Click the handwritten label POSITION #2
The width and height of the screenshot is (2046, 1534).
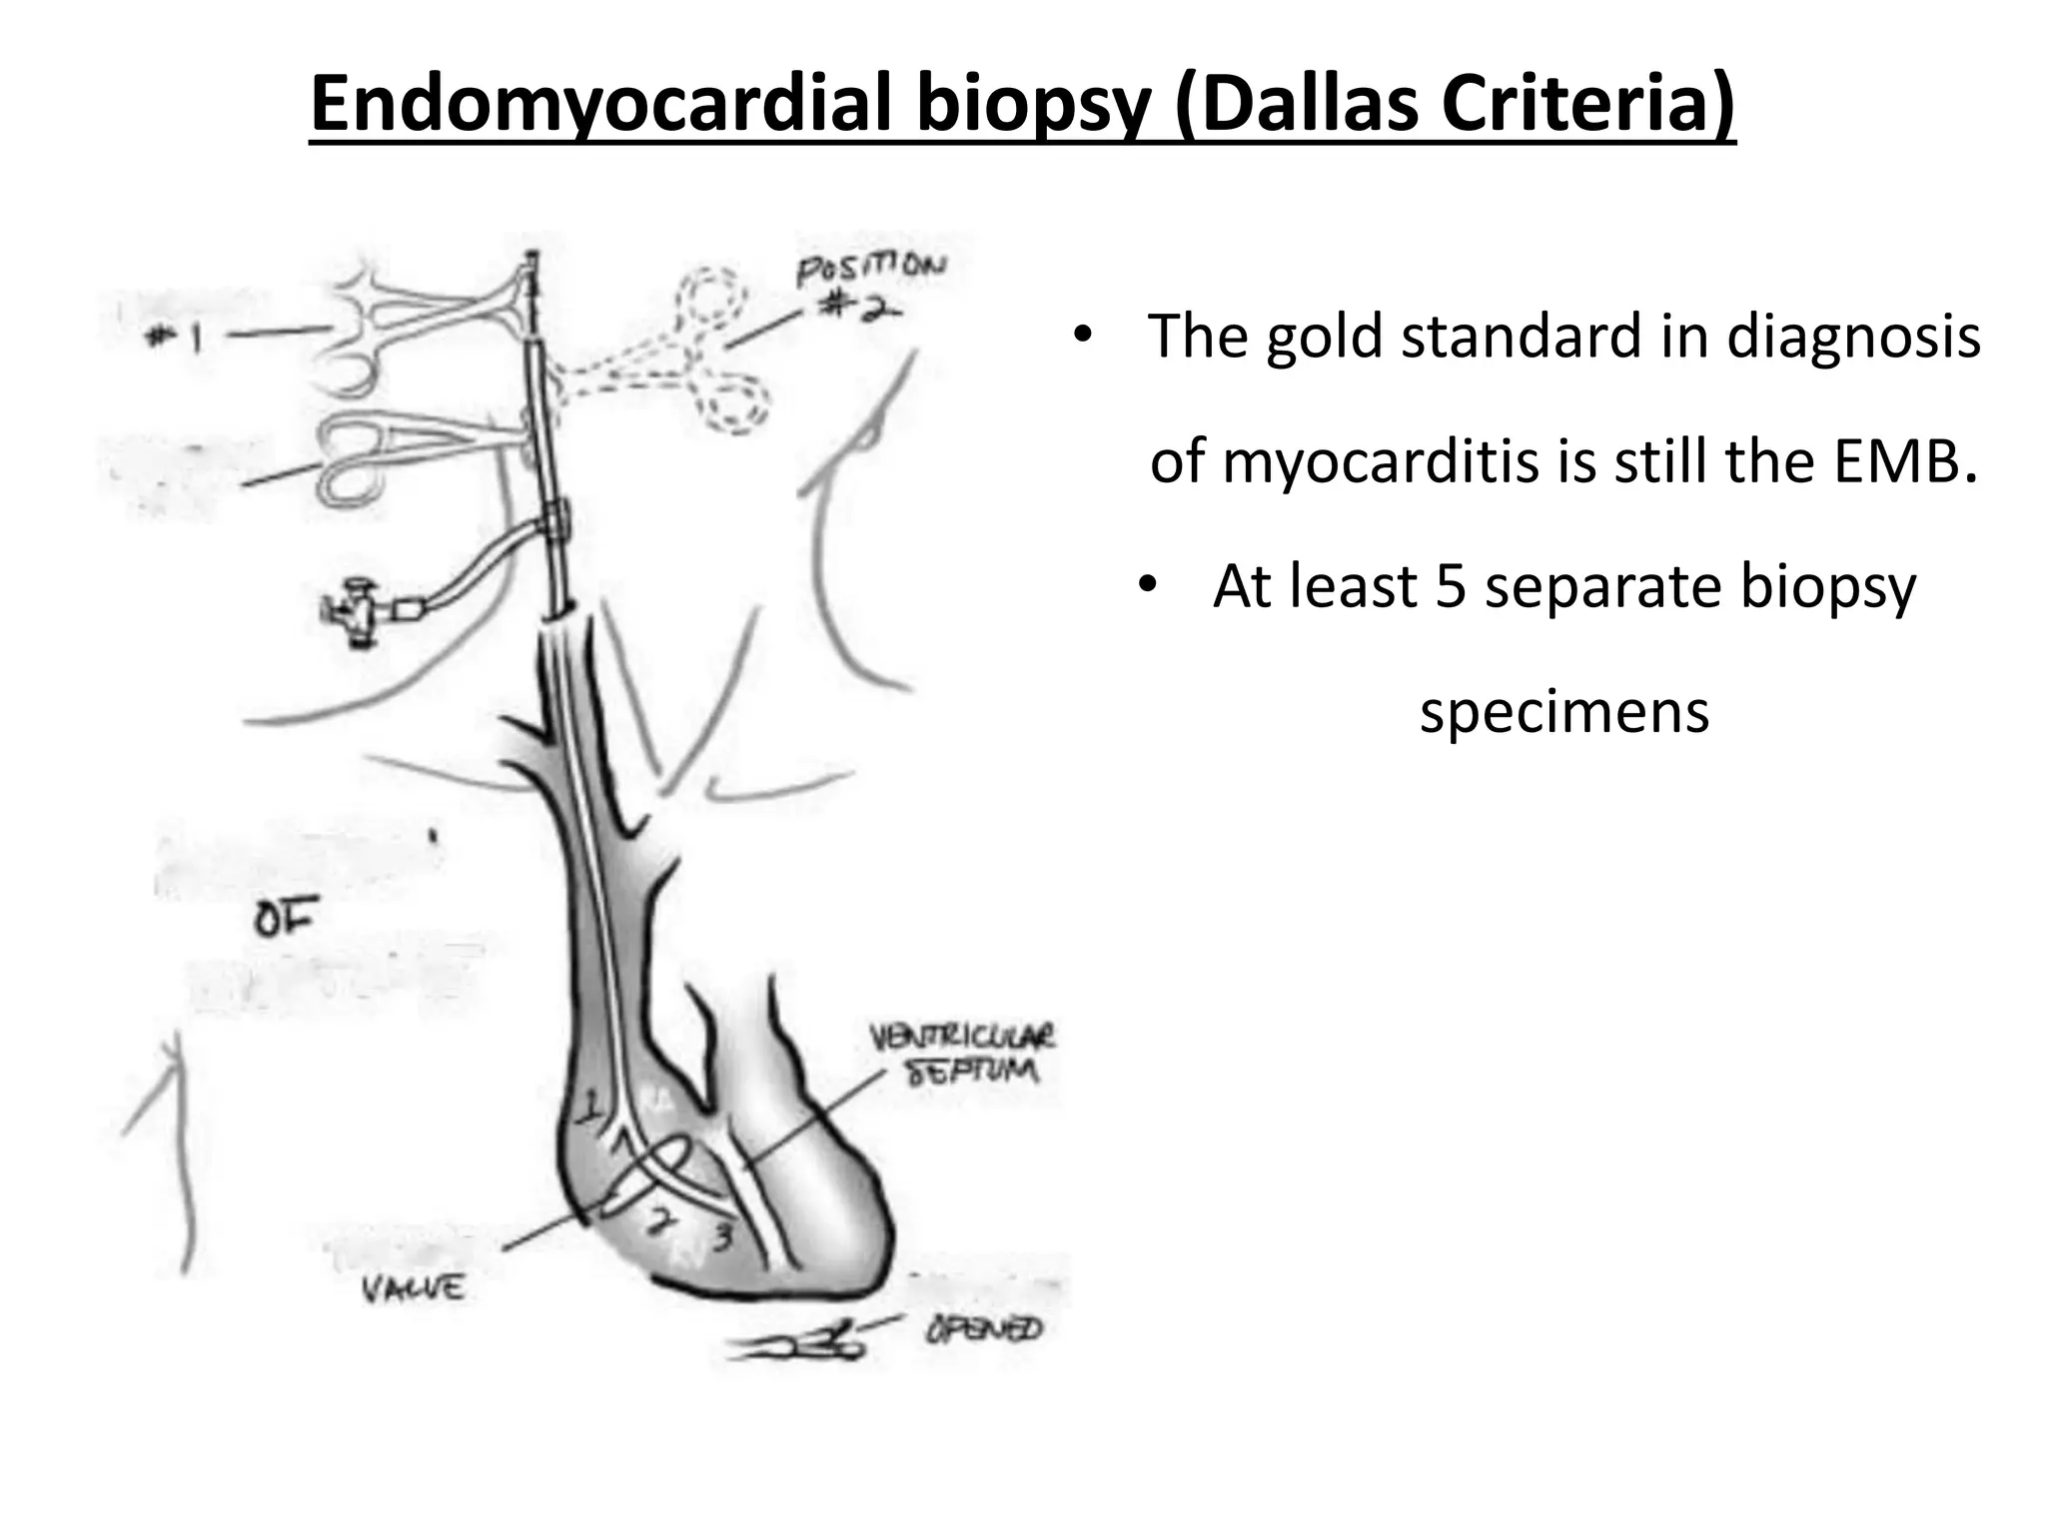pyautogui.click(x=868, y=285)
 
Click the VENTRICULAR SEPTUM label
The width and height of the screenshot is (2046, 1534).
pyautogui.click(x=963, y=1054)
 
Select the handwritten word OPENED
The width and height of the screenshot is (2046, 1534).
pyautogui.click(x=983, y=1329)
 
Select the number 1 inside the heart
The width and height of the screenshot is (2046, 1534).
pyautogui.click(x=592, y=1106)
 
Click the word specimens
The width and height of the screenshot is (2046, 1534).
pyautogui.click(x=1564, y=712)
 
